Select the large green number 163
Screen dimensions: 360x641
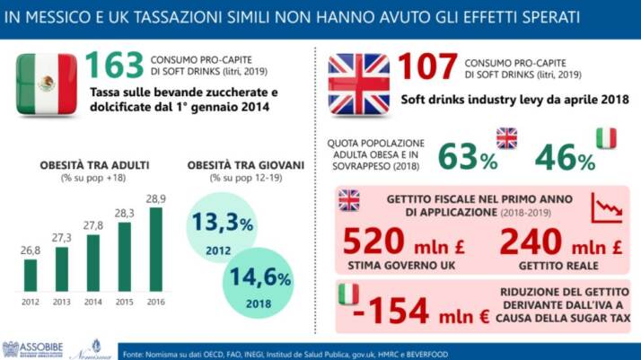(114, 65)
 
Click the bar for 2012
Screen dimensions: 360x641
(31, 275)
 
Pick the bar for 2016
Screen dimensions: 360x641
(155, 250)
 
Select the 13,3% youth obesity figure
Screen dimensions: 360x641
(227, 220)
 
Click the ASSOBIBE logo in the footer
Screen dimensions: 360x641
(31, 349)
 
